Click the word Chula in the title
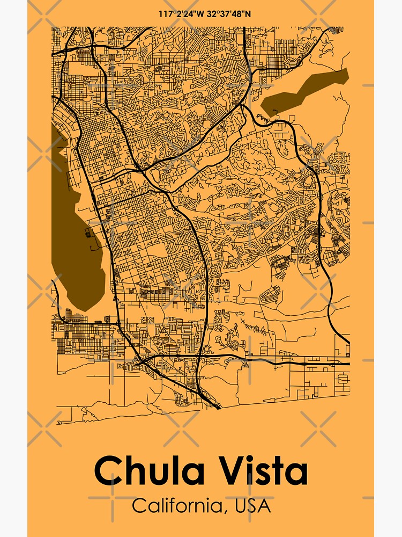click(150, 471)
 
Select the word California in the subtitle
click(175, 506)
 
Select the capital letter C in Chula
click(109, 471)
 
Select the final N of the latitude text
click(248, 13)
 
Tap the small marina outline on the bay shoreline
click(87, 233)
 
